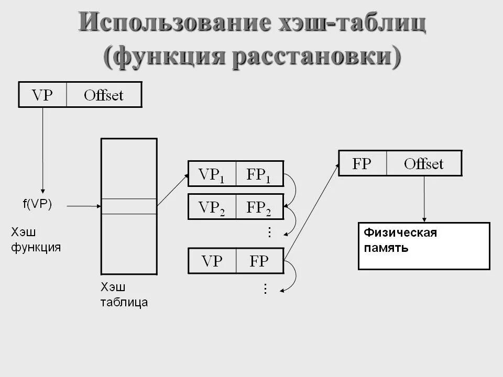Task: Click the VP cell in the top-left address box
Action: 42,95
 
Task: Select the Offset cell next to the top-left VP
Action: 104,95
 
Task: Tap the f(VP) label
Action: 37,205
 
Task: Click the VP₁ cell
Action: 212,174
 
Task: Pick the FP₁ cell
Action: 259,174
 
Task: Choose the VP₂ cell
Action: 212,207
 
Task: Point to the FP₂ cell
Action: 259,207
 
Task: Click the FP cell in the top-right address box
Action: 362,163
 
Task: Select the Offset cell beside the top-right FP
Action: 424,163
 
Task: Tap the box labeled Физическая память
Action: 423,246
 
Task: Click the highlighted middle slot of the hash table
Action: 128,206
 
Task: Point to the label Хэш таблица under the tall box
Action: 124,294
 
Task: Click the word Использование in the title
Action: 172,24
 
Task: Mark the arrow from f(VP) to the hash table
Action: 84,206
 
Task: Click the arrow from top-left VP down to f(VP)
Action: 43,149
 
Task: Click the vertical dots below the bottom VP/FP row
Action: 265,289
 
